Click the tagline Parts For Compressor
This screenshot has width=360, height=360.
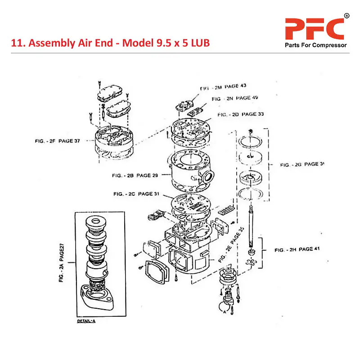click(x=315, y=45)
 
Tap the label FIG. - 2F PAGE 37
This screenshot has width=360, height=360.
click(x=57, y=140)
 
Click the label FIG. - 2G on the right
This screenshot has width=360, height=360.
click(x=301, y=165)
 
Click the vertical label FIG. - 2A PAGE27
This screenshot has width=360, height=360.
click(x=62, y=262)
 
